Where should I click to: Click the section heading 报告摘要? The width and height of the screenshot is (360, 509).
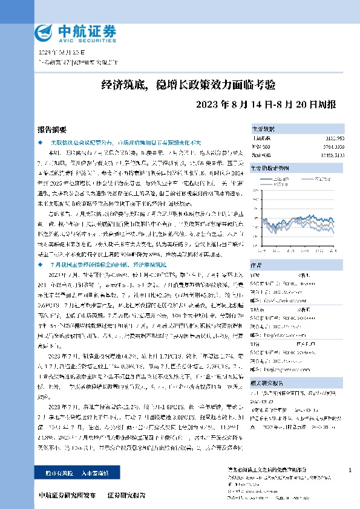click(51, 129)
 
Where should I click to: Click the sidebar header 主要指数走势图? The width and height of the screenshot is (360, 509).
click(270, 167)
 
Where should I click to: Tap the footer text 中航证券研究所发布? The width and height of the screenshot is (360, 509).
click(67, 495)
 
